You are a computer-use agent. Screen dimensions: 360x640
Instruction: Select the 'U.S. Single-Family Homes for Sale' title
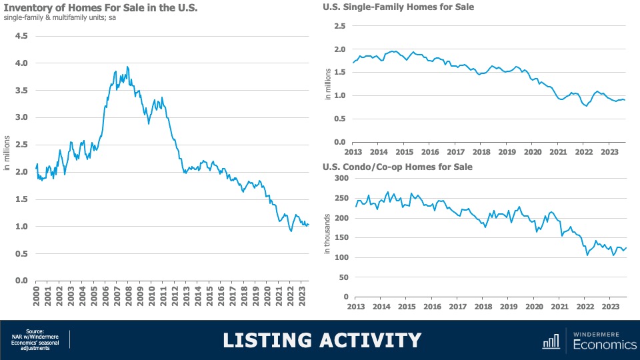(399, 7)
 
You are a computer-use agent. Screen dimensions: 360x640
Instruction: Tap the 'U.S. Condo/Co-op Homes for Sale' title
(397, 167)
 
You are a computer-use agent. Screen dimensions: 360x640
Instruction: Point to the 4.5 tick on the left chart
(21, 36)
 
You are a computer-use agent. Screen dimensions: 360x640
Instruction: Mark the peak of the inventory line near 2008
(127, 67)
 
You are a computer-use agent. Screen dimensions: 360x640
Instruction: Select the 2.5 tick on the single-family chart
(340, 26)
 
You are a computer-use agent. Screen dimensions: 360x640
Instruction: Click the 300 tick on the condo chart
(340, 178)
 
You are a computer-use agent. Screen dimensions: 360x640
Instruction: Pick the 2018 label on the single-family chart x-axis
(481, 152)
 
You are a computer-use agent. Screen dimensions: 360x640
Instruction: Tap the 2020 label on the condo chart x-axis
(534, 307)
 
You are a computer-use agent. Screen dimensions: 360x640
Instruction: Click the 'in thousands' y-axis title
(327, 237)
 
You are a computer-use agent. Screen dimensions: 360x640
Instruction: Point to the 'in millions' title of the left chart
(7, 152)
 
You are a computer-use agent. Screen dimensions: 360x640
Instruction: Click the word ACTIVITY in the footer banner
(374, 340)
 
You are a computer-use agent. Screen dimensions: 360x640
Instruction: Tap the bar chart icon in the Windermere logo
(551, 341)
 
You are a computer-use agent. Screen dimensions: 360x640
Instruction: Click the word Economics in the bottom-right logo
(603, 345)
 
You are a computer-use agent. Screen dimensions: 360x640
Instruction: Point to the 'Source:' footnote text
(35, 331)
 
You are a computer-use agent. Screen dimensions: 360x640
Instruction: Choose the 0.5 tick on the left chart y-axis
(21, 253)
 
